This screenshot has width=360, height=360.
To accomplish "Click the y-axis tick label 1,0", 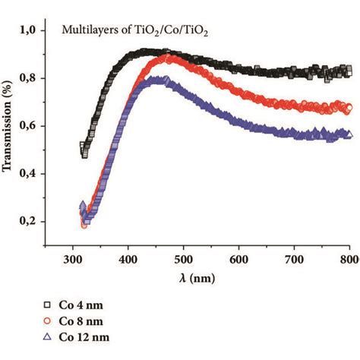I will click(x=28, y=30).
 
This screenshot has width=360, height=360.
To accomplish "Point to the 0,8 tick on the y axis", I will click(x=28, y=78).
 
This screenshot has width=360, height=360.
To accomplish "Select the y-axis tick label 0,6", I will click(x=28, y=126).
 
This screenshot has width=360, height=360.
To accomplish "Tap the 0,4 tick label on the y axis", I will click(x=28, y=174).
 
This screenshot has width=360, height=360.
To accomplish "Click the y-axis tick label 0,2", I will click(x=28, y=222).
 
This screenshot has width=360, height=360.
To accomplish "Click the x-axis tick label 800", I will click(x=349, y=257).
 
